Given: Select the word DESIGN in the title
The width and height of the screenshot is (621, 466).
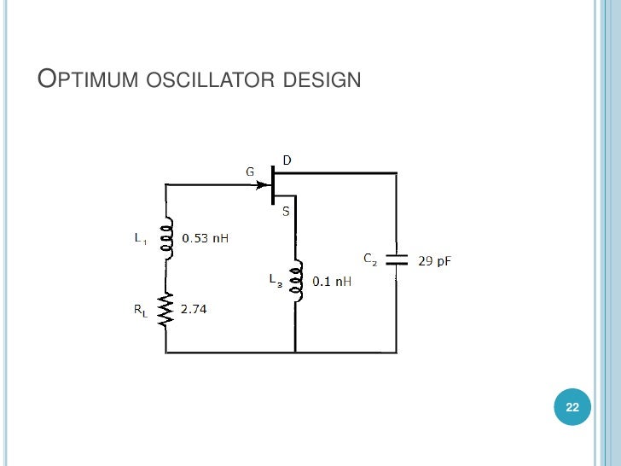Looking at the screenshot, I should pos(320,82).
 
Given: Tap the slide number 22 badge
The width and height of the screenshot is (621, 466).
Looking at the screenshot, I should pos(572,408).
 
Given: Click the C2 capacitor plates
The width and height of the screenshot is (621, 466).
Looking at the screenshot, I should pos(397,259).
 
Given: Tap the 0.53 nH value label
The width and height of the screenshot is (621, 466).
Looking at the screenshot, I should pos(207,239).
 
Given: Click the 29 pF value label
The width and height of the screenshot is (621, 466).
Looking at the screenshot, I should pos(434,260).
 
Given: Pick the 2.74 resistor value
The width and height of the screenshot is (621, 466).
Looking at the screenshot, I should pos(194,309).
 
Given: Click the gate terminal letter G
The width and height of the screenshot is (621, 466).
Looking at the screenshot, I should pos(250,172).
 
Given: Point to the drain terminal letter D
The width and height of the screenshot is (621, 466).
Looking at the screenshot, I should pos(287,160).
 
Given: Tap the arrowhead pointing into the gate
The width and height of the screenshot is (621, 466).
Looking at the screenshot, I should pos(264,183).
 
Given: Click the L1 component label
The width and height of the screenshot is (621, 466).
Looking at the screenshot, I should pos(140,240).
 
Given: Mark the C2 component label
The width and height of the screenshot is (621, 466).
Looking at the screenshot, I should pos(370,258).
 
